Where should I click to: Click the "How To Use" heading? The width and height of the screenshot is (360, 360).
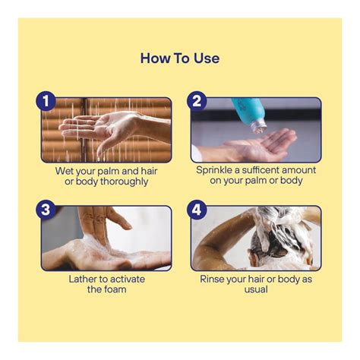pos(180,58)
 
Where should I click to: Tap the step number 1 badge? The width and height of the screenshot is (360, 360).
pos(46,101)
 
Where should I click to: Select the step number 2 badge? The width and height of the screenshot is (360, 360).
pos(197,101)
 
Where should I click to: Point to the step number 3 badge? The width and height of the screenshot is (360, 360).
pos(46,210)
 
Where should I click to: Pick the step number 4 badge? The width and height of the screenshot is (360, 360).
pos(197,210)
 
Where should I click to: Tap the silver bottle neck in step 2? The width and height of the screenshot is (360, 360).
pos(258,127)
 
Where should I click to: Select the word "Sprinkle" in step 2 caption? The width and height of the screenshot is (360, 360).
pos(214,170)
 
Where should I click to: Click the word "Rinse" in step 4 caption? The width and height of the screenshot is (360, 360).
pos(212,279)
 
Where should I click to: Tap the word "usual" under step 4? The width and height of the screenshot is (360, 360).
pos(256,289)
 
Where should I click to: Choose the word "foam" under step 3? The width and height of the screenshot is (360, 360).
pos(114,289)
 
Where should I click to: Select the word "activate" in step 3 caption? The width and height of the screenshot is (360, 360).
pos(128,279)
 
